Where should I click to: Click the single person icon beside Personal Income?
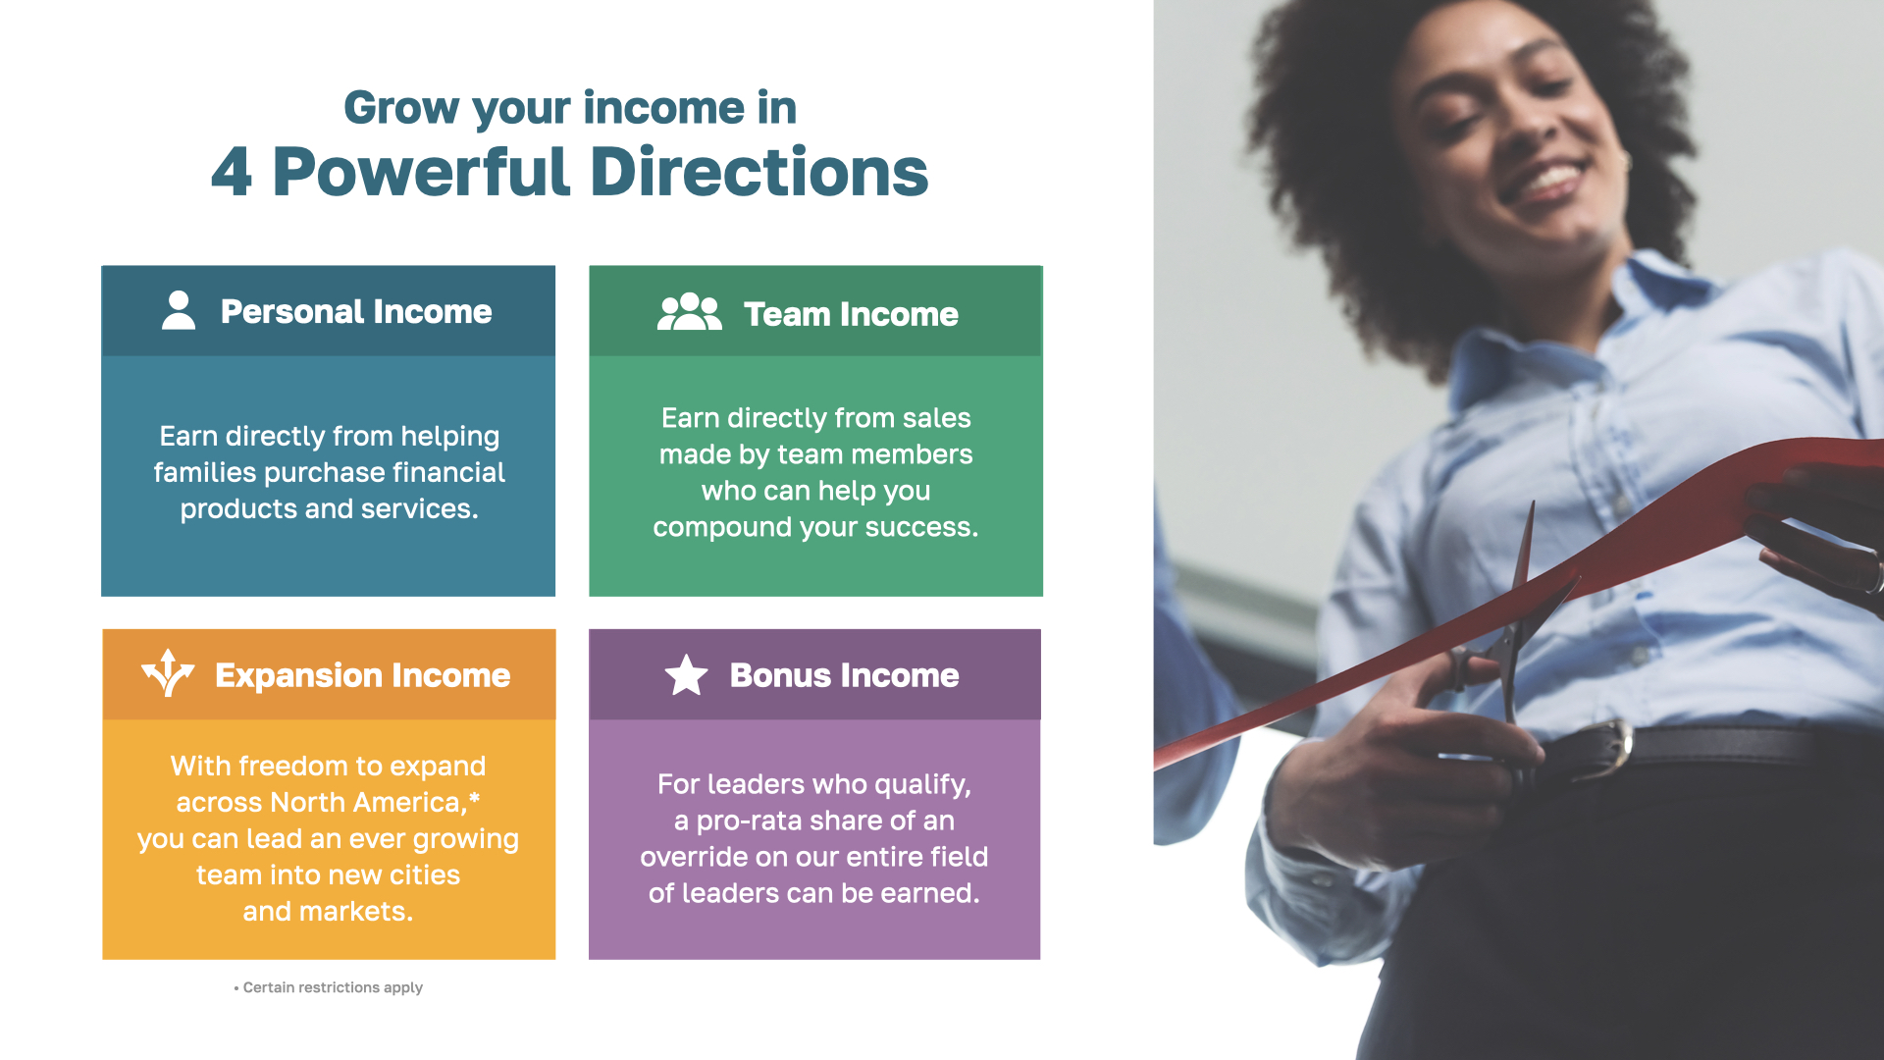tap(179, 310)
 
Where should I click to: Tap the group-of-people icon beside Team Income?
tap(690, 311)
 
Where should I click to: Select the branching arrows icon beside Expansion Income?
tap(168, 672)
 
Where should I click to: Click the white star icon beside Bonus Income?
tap(686, 675)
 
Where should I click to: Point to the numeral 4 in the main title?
tap(232, 172)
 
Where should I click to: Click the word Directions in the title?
tap(759, 172)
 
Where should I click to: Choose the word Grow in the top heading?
tap(401, 108)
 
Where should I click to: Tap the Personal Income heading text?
tap(356, 311)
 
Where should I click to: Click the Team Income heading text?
tap(851, 314)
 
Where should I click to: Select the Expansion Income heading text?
tap(363, 675)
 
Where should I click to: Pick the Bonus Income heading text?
tap(844, 675)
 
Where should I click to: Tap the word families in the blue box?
tap(205, 472)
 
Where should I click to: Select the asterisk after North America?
tap(475, 798)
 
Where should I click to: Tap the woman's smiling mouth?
tap(1544, 180)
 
